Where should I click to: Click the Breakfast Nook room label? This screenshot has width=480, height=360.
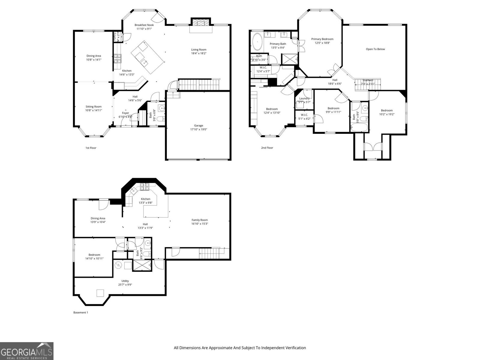(x=144, y=25)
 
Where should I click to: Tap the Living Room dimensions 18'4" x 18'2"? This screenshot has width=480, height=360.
(x=199, y=53)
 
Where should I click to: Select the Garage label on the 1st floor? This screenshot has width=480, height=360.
(x=198, y=125)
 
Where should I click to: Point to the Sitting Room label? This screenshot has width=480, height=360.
(x=94, y=106)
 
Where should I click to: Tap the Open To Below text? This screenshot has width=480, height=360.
(x=375, y=49)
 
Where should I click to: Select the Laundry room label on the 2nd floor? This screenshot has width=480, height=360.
(x=304, y=98)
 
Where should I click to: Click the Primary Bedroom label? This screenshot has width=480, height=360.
(x=322, y=39)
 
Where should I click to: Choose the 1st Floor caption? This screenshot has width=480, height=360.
(x=91, y=148)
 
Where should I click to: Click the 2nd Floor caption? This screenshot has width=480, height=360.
(x=267, y=148)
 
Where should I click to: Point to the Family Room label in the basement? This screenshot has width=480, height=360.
(x=199, y=220)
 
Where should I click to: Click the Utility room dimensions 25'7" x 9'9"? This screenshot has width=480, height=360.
(x=125, y=285)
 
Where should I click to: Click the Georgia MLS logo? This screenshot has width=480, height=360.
(x=27, y=351)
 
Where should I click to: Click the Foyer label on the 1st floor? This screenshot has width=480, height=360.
(x=125, y=113)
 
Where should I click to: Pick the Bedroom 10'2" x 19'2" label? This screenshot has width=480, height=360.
(x=387, y=110)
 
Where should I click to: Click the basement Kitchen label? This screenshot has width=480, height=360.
(x=145, y=199)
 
